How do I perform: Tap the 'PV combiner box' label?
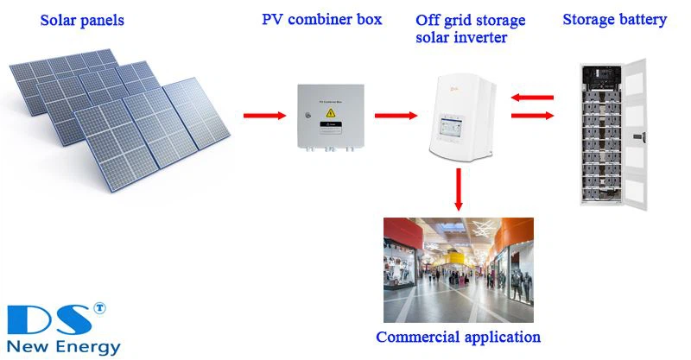[321, 19]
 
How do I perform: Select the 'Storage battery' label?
[615, 19]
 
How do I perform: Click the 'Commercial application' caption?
[458, 337]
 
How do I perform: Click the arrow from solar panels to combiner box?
[264, 115]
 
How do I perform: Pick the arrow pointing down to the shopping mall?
[458, 190]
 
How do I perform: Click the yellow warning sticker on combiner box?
[329, 125]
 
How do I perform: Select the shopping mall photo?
[458, 269]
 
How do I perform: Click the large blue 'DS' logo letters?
[48, 319]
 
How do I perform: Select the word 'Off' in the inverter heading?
[429, 20]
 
